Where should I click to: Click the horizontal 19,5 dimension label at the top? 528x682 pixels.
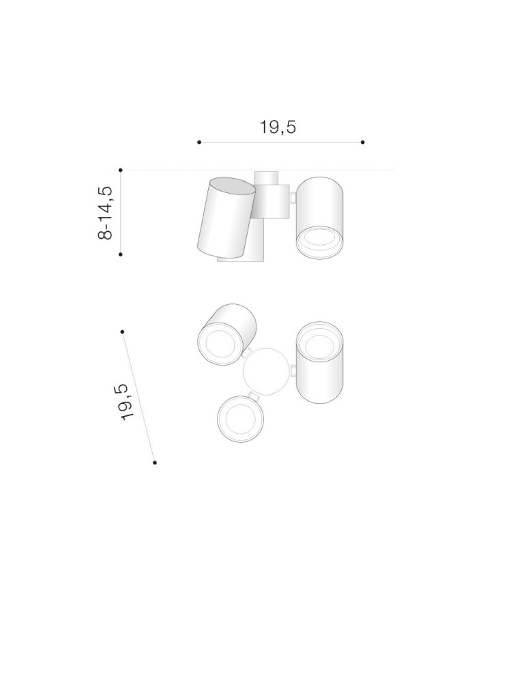coord(278,127)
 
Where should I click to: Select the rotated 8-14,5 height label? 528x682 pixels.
coord(105,211)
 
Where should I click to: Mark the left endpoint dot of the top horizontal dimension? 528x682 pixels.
coord(199,143)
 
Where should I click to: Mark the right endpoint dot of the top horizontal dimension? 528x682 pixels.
coord(363,143)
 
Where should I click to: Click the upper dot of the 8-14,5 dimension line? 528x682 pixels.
coord(120,169)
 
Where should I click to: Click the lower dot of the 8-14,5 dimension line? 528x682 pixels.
coord(120,254)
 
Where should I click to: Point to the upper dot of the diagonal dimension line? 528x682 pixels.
coord(122,331)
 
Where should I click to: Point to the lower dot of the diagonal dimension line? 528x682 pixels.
coord(155,462)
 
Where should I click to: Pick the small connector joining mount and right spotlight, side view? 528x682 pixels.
coord(292,198)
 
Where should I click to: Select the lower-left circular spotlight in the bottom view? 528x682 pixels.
coord(239,419)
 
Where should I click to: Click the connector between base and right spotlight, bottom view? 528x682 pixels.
coord(293,371)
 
